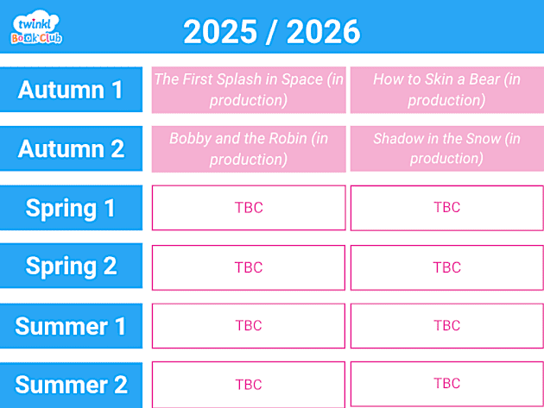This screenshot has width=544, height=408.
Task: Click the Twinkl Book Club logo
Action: (x=36, y=28)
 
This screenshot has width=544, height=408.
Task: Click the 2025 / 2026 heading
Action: (x=272, y=32)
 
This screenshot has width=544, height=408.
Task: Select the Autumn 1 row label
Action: (x=71, y=90)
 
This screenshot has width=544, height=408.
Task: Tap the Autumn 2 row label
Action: (x=71, y=148)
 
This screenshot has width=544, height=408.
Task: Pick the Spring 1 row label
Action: (x=71, y=208)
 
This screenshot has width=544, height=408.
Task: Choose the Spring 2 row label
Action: (x=71, y=266)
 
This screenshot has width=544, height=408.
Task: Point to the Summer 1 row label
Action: (x=71, y=326)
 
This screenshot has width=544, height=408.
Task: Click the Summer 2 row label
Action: (x=71, y=385)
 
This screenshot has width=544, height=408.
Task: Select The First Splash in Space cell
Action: (x=249, y=90)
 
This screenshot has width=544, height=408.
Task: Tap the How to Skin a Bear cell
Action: (x=446, y=90)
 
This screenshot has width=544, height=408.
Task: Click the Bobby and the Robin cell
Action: (x=249, y=148)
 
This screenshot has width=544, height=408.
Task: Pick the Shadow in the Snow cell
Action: (x=446, y=148)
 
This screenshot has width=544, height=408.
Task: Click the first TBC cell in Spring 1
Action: (x=249, y=208)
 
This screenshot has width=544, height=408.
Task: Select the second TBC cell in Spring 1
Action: (x=446, y=208)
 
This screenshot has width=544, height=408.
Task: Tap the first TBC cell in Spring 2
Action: (x=249, y=267)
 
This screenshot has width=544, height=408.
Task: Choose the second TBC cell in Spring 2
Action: (x=446, y=267)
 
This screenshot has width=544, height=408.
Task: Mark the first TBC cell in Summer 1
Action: (x=249, y=326)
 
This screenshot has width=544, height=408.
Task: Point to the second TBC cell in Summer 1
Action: (x=446, y=326)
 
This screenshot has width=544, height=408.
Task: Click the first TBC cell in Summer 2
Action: (x=249, y=385)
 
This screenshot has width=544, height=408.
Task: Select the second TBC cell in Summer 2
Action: (x=446, y=385)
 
